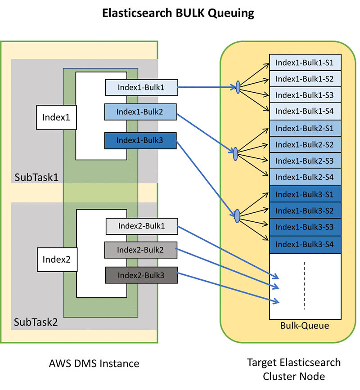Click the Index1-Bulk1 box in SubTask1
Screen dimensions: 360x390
coord(141,88)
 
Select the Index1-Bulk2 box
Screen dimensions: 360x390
coord(140,112)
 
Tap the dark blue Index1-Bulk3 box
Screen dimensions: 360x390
coord(140,140)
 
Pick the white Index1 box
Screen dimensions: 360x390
coord(57,117)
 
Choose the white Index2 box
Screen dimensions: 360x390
coord(57,260)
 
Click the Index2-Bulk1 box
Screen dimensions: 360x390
coord(142,226)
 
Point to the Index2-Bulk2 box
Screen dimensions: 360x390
coord(141,250)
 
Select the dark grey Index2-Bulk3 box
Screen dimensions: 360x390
coord(142,275)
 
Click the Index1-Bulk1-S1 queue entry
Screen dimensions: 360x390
coord(305,63)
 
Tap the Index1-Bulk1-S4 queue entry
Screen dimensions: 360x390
coord(305,111)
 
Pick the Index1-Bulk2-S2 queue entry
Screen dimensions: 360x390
coord(305,144)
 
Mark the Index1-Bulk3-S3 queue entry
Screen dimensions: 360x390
coord(305,227)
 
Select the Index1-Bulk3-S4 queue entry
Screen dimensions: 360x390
coord(305,245)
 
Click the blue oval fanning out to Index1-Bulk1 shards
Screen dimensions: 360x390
coord(238,87)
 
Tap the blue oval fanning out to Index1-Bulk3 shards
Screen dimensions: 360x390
coord(237,216)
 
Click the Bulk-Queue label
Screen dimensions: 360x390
coord(305,326)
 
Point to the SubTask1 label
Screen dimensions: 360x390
coord(36,177)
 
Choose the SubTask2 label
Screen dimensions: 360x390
coord(36,322)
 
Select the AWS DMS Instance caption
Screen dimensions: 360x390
coord(94,363)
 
